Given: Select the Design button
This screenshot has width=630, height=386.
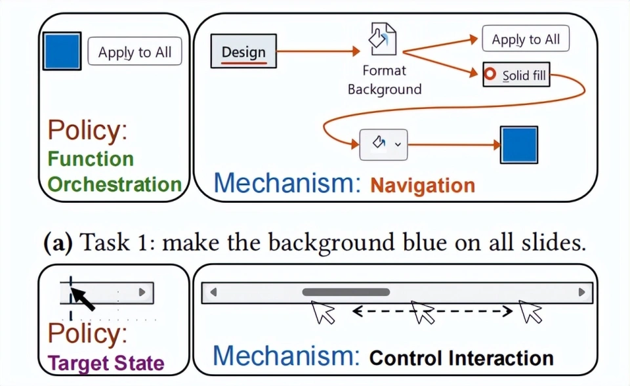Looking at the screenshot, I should [x=243, y=51].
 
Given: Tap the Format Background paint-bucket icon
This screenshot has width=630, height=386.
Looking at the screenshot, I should [x=382, y=39].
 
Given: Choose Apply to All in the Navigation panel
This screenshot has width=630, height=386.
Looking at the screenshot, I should [x=526, y=39].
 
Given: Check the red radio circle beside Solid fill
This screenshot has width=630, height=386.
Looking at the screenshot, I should [x=490, y=75].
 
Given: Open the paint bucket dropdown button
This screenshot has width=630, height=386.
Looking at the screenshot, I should [x=383, y=144].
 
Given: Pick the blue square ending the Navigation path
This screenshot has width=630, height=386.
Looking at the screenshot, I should [x=519, y=144].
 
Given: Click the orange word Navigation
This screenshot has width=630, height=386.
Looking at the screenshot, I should [x=423, y=185].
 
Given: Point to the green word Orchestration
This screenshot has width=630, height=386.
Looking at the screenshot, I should [x=114, y=184].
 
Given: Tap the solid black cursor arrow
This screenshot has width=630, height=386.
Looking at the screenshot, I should [x=82, y=299].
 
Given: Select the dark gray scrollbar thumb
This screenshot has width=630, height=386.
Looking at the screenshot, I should [x=345, y=291].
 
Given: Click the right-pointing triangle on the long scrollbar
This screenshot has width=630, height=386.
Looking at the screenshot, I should [x=581, y=292].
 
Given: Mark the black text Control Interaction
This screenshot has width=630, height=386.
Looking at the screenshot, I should [x=461, y=358].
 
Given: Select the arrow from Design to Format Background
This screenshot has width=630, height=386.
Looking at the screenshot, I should [x=318, y=51].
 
